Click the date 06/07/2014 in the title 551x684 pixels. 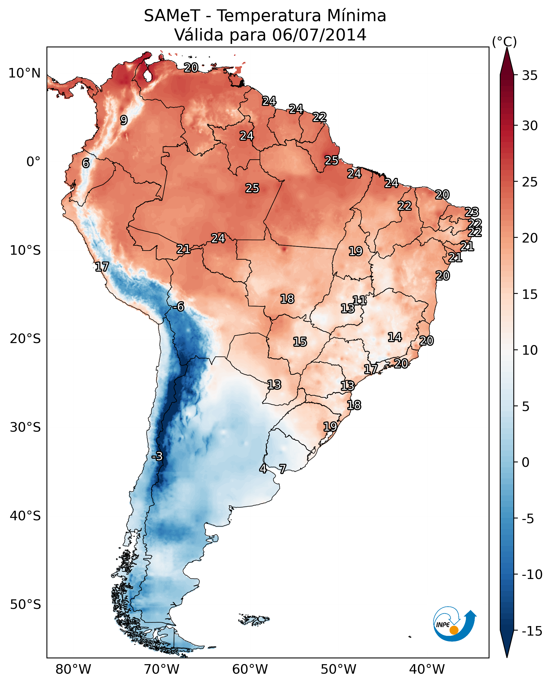[x=319, y=35]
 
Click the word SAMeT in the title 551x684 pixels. [x=172, y=16]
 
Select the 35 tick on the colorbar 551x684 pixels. [x=530, y=75]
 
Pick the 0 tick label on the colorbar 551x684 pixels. [x=526, y=462]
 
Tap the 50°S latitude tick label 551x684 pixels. [x=25, y=604]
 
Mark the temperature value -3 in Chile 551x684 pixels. [x=157, y=456]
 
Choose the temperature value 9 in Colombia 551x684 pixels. [x=124, y=120]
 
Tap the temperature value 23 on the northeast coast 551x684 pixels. [x=472, y=212]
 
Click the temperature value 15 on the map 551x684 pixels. [x=300, y=342]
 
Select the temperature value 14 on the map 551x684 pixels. [x=395, y=337]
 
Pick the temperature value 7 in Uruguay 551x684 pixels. [x=282, y=468]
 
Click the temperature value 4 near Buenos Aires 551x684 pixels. [x=263, y=468]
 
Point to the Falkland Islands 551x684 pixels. [x=254, y=619]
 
